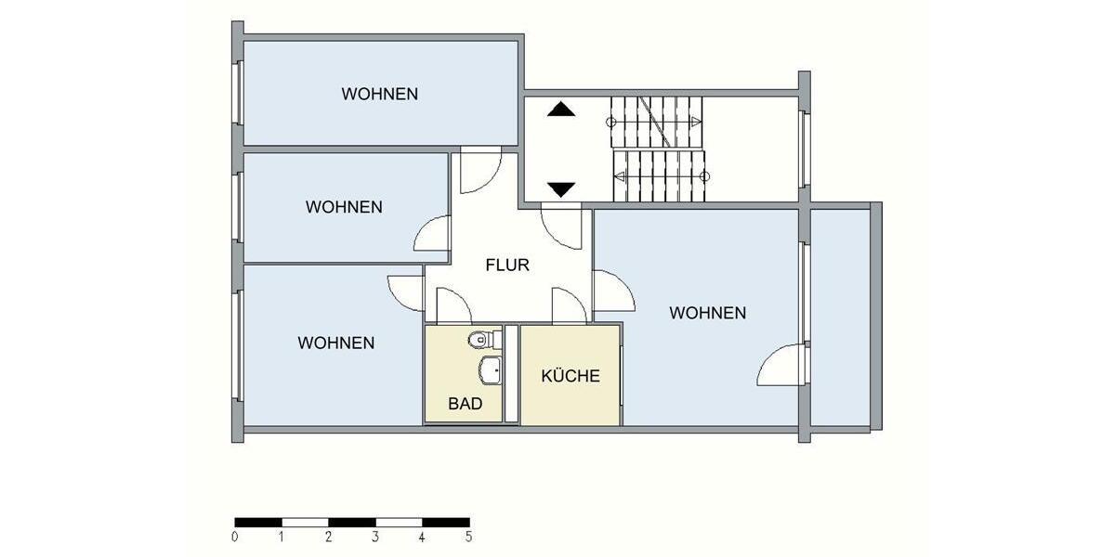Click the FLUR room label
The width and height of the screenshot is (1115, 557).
pyautogui.click(x=507, y=266)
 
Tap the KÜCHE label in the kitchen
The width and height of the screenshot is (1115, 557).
pyautogui.click(x=571, y=376)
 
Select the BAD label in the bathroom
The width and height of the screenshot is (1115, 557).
pyautogui.click(x=465, y=404)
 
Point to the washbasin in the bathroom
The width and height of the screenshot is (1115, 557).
pyautogui.click(x=490, y=370)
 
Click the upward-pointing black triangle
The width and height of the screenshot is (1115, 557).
pyautogui.click(x=561, y=110)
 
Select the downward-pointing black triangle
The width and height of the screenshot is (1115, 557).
pyautogui.click(x=561, y=189)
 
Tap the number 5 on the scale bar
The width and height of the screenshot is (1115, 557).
pyautogui.click(x=468, y=537)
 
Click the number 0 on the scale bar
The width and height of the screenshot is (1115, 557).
pyautogui.click(x=235, y=537)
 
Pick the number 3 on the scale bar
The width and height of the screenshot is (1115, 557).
pyautogui.click(x=374, y=537)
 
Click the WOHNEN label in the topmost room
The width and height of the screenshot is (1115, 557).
pyautogui.click(x=379, y=94)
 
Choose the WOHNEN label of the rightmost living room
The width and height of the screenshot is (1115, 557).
pyautogui.click(x=707, y=313)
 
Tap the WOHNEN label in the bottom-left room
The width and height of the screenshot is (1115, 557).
pyautogui.click(x=336, y=343)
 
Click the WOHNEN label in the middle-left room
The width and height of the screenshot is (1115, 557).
pyautogui.click(x=344, y=207)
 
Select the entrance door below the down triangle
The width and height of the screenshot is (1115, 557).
pyautogui.click(x=561, y=227)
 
